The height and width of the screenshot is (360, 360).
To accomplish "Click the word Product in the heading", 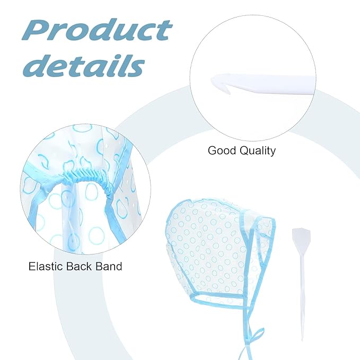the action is click(x=97, y=31).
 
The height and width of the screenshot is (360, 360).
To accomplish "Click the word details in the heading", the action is click(x=84, y=65).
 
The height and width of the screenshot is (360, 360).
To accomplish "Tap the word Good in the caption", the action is click(x=222, y=151).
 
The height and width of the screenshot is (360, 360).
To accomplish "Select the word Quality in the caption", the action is click(x=258, y=151).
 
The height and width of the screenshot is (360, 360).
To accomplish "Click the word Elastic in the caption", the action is click(x=46, y=266).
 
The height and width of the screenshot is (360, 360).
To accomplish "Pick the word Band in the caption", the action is click(x=109, y=266).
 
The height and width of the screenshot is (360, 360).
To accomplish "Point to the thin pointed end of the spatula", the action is click(x=302, y=339).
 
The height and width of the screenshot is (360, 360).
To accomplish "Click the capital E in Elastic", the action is click(x=32, y=266).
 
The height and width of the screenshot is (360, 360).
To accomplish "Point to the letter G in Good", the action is click(x=213, y=151).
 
